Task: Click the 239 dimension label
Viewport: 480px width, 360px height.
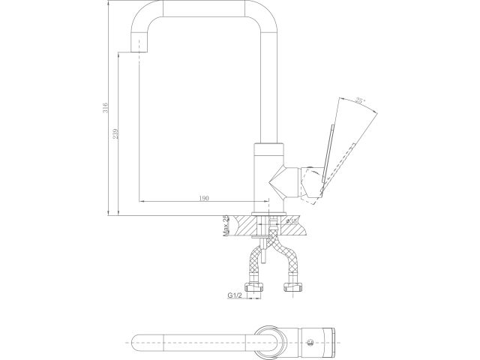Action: pyautogui.click(x=115, y=133)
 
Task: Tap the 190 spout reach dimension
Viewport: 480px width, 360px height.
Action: pyautogui.click(x=204, y=198)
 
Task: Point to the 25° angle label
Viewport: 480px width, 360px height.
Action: pyautogui.click(x=361, y=100)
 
